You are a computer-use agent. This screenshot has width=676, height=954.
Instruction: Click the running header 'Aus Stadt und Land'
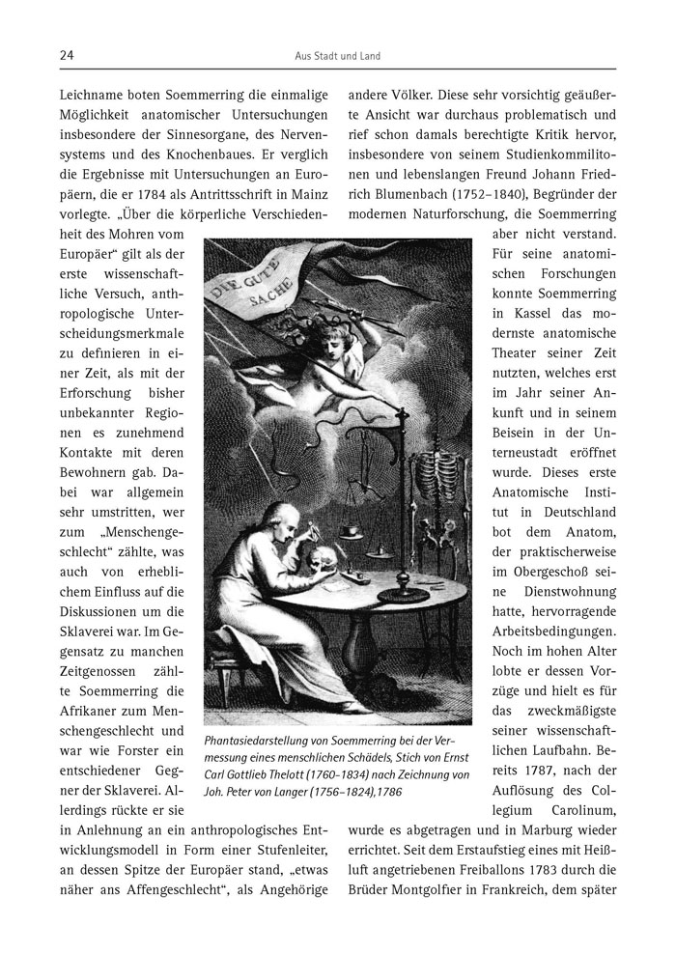click(337, 56)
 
